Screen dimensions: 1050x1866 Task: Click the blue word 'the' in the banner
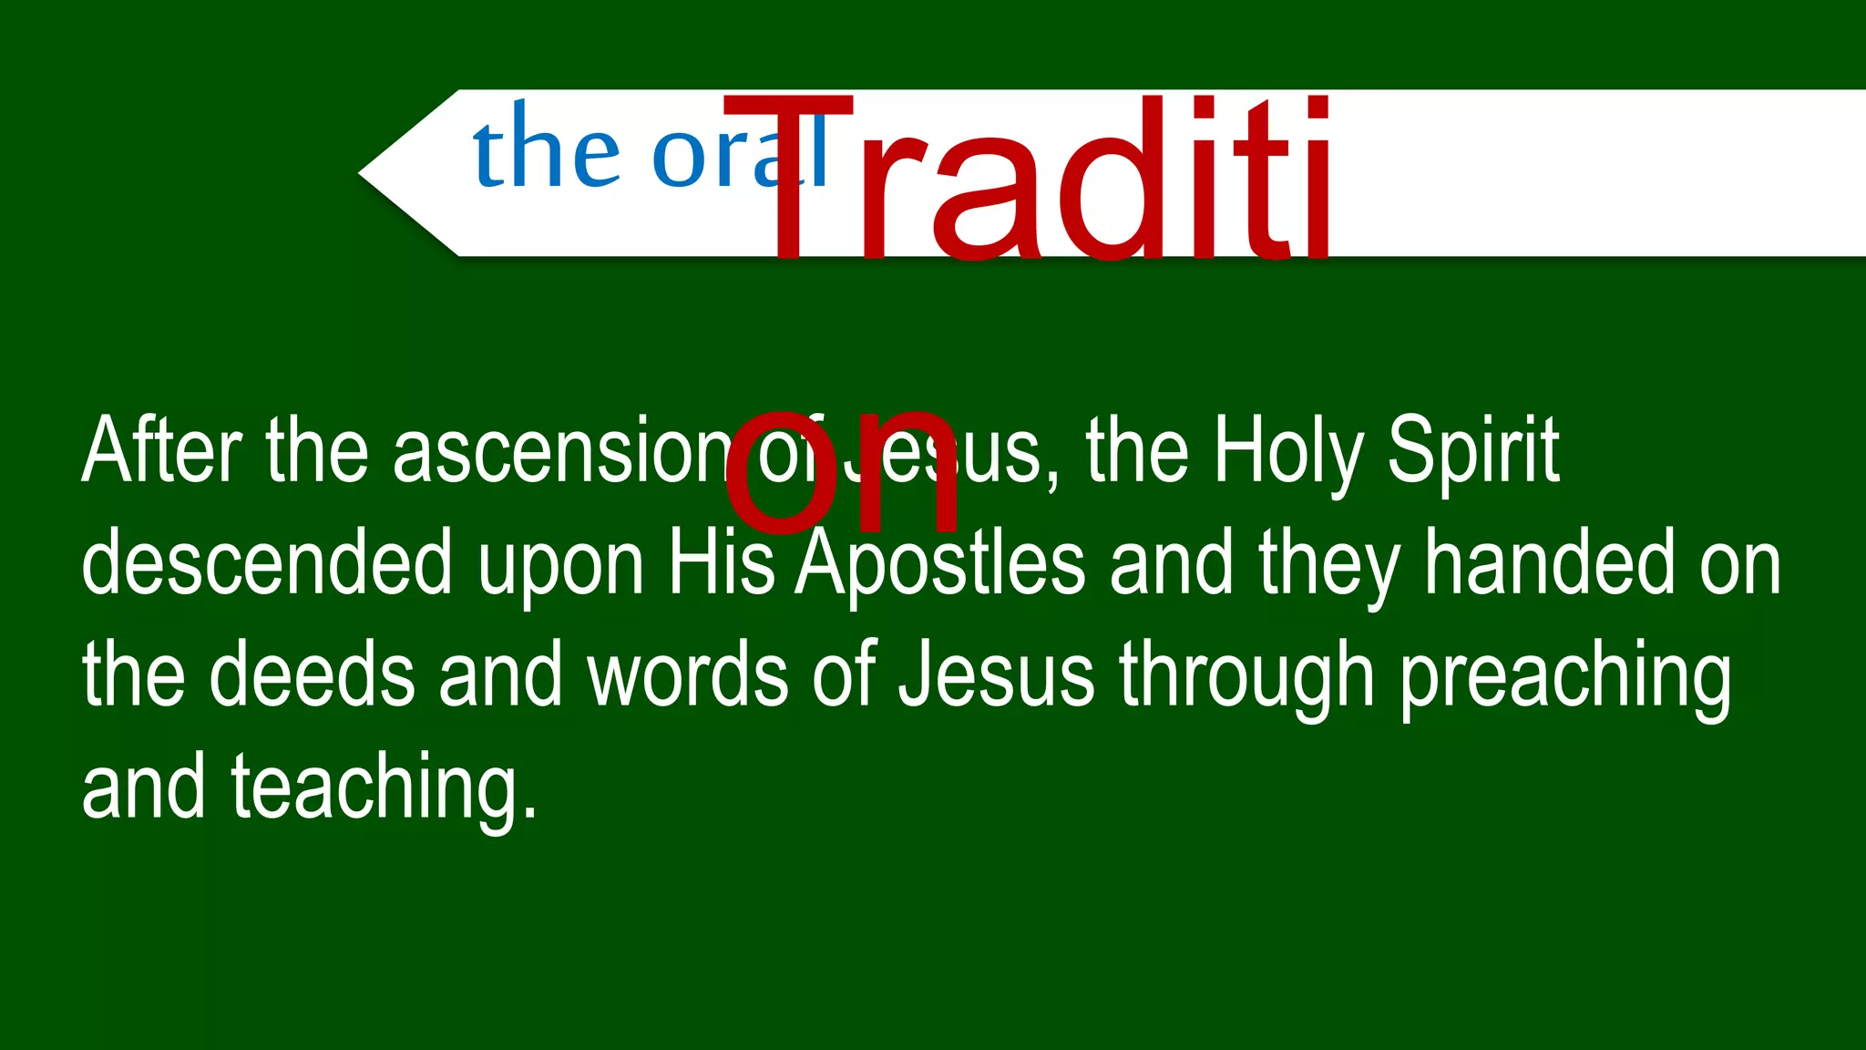pos(546,148)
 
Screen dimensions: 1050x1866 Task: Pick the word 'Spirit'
pos(1472,451)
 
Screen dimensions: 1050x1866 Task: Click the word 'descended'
pos(267,563)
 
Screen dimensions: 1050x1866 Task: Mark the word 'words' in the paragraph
pos(688,675)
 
